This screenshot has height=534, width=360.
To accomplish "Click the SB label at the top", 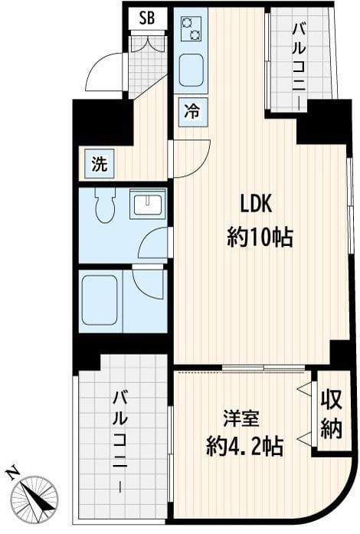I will (147, 18).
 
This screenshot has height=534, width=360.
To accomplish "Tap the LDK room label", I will (257, 205).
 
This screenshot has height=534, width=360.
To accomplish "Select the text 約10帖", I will (260, 238).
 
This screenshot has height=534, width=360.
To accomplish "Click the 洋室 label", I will (241, 419).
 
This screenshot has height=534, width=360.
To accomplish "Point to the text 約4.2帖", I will (244, 447).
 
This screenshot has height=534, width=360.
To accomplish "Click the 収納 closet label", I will (331, 414).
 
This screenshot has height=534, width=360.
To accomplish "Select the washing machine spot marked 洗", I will (100, 162).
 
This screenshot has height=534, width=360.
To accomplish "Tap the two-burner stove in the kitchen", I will (190, 29).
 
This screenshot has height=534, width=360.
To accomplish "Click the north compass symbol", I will (35, 495).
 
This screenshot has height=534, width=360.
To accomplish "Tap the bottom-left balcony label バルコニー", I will (121, 441).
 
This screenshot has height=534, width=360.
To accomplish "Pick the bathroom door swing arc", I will (150, 281).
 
